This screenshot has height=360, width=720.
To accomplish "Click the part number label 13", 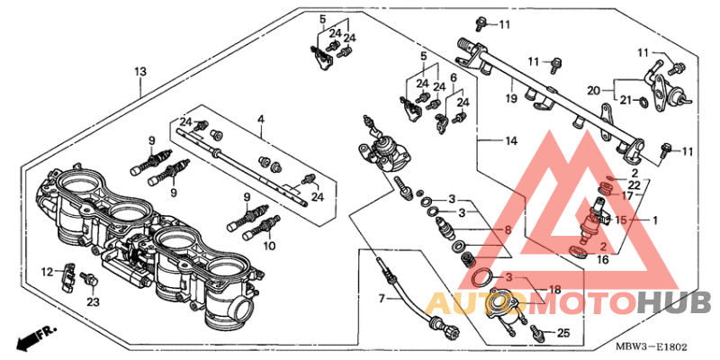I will click(139, 71).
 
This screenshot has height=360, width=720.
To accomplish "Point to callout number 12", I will click(47, 270).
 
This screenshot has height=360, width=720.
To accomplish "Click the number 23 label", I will click(93, 303).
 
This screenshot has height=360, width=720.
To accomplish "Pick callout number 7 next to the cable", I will click(381, 298).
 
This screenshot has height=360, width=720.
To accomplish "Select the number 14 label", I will click(510, 140).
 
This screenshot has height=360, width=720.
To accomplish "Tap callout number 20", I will click(593, 89).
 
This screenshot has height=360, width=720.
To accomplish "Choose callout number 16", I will click(603, 259).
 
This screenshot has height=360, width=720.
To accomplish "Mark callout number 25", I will click(562, 333).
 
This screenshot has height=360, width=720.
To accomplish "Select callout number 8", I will click(507, 230).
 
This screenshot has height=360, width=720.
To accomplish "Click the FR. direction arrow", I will click(29, 338).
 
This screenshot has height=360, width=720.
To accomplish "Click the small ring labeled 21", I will click(640, 101).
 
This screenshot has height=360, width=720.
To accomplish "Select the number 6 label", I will click(454, 78).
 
